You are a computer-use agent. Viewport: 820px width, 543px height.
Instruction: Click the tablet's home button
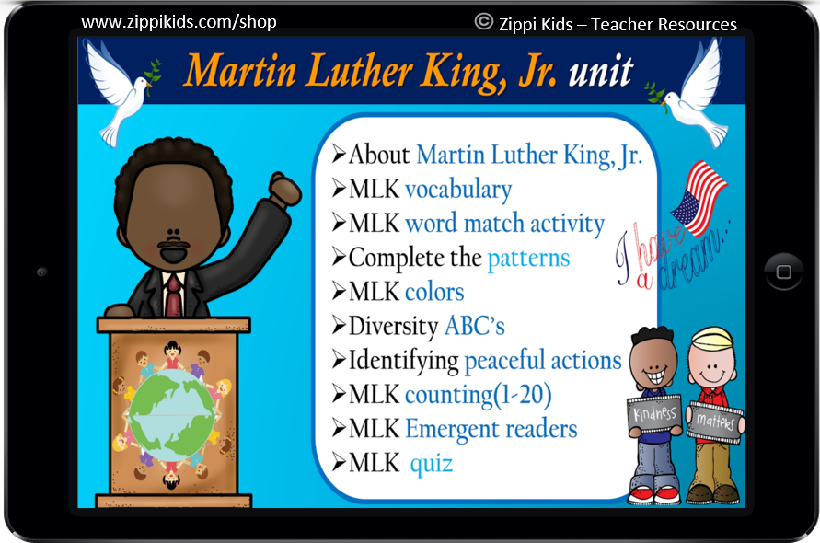coord(783,272)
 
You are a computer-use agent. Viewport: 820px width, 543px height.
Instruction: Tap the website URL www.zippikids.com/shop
coord(179,21)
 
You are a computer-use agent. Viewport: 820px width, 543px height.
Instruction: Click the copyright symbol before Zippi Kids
coord(484,22)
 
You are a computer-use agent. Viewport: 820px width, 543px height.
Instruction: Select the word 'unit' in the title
coord(600,71)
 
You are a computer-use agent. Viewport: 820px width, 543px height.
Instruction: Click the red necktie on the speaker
coord(173,294)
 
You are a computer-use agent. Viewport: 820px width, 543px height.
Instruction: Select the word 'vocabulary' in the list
coord(457,190)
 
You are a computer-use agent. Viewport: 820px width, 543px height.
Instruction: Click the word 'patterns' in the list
coord(528,258)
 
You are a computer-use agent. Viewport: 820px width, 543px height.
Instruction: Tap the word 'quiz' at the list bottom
coord(431,463)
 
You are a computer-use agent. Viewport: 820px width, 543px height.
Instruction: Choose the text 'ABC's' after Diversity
coord(474,326)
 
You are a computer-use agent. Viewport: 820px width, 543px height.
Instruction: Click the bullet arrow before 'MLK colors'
coord(338,292)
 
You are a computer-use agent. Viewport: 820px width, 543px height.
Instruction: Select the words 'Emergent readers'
coord(491,429)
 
